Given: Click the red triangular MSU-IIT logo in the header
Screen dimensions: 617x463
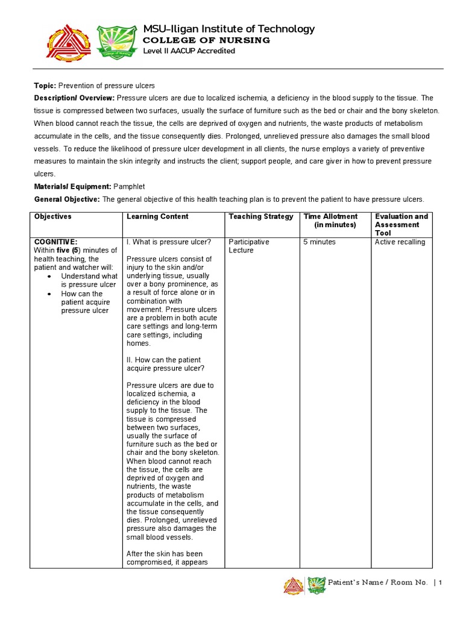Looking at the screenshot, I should point(68,43).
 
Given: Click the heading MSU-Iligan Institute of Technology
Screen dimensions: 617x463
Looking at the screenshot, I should point(228,29).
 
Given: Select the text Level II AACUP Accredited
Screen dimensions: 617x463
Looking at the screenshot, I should point(189,51).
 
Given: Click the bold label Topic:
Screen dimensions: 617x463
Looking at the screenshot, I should point(45,86).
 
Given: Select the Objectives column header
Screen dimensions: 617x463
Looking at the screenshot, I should point(53,216).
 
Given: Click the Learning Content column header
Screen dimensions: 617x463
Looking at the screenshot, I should point(157,216).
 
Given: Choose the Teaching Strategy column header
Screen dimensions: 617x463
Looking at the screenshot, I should point(261,216).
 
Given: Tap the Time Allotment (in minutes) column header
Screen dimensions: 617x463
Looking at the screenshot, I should point(331,221).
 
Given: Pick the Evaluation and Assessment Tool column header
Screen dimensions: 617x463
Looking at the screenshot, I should point(401,224).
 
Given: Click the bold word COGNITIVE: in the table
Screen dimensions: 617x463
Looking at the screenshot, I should point(55,242).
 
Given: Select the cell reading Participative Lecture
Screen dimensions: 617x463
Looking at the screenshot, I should point(248,246).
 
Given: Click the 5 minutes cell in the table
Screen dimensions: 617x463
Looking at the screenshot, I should point(320,242).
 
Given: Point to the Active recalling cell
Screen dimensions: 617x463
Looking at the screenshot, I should point(400,242).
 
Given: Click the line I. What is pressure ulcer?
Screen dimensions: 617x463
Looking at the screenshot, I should point(169,242).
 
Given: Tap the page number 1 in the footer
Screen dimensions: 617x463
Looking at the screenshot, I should point(441,583).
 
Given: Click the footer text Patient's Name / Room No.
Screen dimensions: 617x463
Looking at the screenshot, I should point(377,583).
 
